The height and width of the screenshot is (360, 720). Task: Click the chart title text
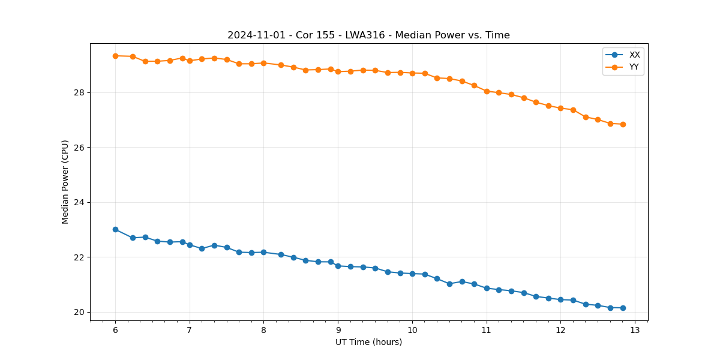pos(368,35)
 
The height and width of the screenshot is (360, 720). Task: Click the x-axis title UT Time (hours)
pos(368,342)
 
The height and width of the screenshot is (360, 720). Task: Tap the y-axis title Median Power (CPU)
pos(65,182)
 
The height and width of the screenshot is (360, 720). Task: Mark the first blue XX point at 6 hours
pos(115,229)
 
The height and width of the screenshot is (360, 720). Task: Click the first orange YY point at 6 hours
pos(115,56)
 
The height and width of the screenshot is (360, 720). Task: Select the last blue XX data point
pos(623,308)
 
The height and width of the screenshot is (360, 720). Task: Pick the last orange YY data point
pos(623,124)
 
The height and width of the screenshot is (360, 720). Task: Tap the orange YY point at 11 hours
pos(487,91)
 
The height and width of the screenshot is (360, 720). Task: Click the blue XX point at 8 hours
pos(263,252)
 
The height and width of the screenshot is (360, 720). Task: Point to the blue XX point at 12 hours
pos(560,299)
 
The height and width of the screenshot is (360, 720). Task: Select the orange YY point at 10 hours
pos(412,73)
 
